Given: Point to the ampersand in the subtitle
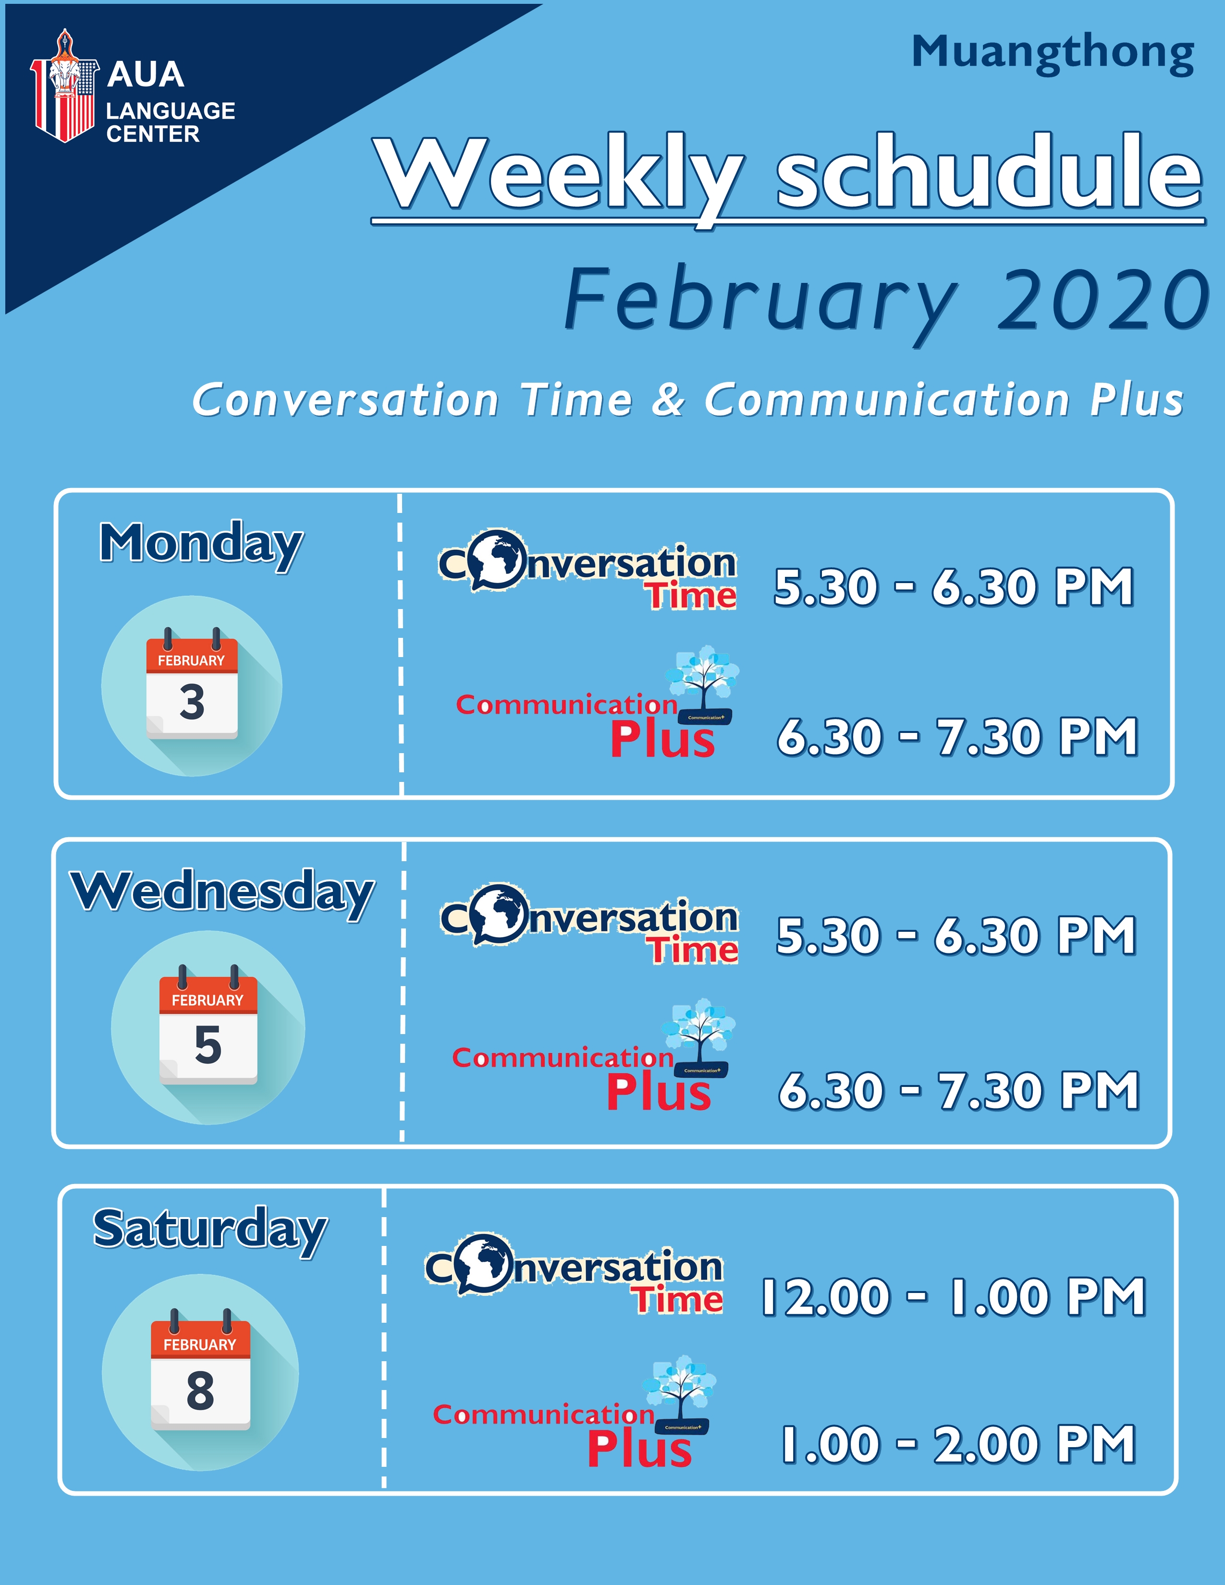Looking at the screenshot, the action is coord(668,400).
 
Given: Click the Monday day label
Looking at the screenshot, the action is coord(201,545).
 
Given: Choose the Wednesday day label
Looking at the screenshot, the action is coord(222,893).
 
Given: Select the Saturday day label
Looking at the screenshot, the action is coord(210,1230).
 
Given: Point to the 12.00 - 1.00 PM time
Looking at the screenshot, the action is coord(953,1296).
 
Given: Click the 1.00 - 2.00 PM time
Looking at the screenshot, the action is coord(958,1444).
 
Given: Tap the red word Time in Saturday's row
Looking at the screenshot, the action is coord(679,1299).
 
